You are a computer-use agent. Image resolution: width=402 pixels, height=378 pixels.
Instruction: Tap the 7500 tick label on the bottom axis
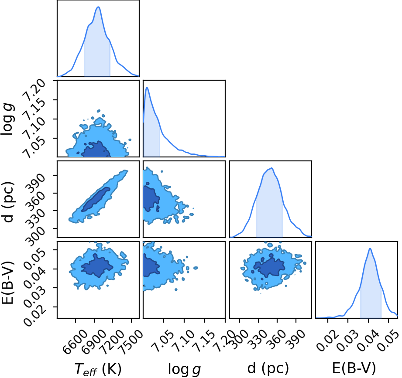point(131,339)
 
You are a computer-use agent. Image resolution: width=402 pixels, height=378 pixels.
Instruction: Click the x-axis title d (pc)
point(268,368)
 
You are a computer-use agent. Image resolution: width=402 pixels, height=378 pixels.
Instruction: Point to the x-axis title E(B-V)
point(354,368)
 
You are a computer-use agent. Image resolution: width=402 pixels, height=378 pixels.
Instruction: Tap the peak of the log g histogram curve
point(147,87)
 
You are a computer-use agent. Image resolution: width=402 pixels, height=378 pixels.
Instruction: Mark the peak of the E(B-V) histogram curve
point(370,249)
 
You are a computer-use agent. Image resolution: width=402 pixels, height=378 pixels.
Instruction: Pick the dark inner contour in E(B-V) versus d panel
point(269,267)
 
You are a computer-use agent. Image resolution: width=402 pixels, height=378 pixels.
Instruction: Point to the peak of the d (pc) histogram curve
point(271,168)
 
